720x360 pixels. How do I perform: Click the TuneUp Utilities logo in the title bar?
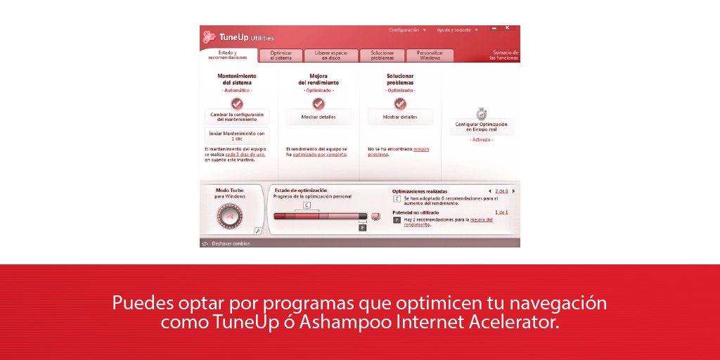(239, 37)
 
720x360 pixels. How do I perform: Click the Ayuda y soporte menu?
(456, 30)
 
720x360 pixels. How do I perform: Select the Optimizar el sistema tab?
(281, 56)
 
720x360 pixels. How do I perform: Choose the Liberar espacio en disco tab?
(330, 56)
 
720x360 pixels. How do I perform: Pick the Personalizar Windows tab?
(429, 56)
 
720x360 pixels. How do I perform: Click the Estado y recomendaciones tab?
(227, 55)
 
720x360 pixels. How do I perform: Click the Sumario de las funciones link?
(504, 55)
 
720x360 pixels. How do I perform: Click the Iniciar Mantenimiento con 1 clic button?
(237, 136)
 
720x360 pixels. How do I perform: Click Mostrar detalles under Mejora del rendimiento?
(319, 117)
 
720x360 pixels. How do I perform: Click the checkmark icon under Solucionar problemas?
(400, 103)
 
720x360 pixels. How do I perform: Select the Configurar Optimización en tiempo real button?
(481, 127)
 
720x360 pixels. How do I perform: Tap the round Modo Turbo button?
(230, 216)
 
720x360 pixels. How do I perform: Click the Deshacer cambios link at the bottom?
(230, 243)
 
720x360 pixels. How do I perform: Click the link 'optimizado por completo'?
(320, 154)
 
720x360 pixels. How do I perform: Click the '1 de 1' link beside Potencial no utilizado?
(501, 212)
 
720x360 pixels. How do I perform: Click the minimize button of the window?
(494, 29)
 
